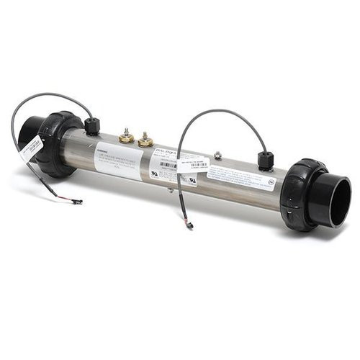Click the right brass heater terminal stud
(x=145, y=138)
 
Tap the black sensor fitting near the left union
(x=92, y=126)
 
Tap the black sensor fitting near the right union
(x=266, y=160)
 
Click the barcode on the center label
(x=167, y=165)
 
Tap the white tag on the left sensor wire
(x=31, y=148)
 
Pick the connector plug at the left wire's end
(x=76, y=202)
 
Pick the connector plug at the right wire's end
(x=190, y=226)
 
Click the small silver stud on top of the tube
(x=217, y=154)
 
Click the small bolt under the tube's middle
(x=170, y=189)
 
